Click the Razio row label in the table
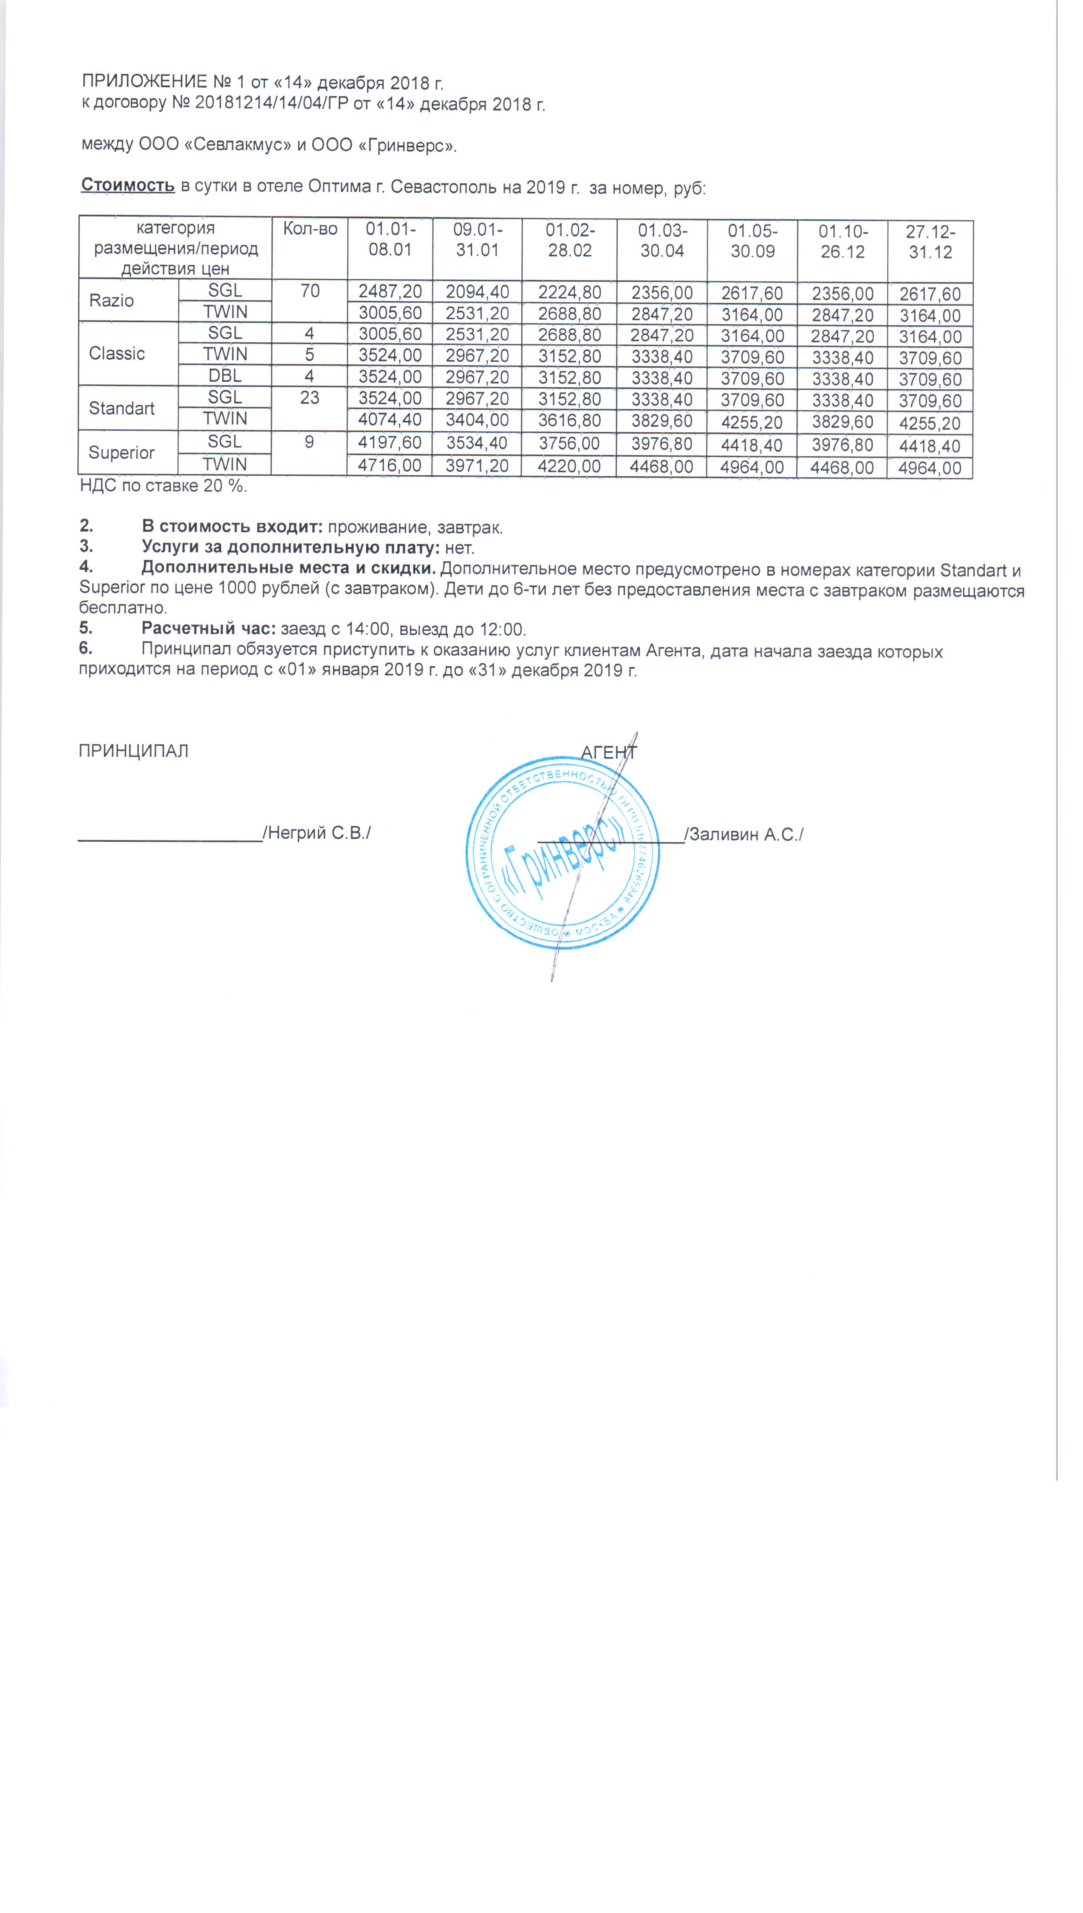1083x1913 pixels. click(112, 301)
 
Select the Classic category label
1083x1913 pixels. click(117, 353)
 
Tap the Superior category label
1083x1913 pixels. click(121, 452)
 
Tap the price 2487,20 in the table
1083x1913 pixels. click(390, 291)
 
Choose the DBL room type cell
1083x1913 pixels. click(225, 376)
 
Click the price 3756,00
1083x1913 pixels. click(570, 443)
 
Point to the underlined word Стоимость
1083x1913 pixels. click(128, 185)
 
